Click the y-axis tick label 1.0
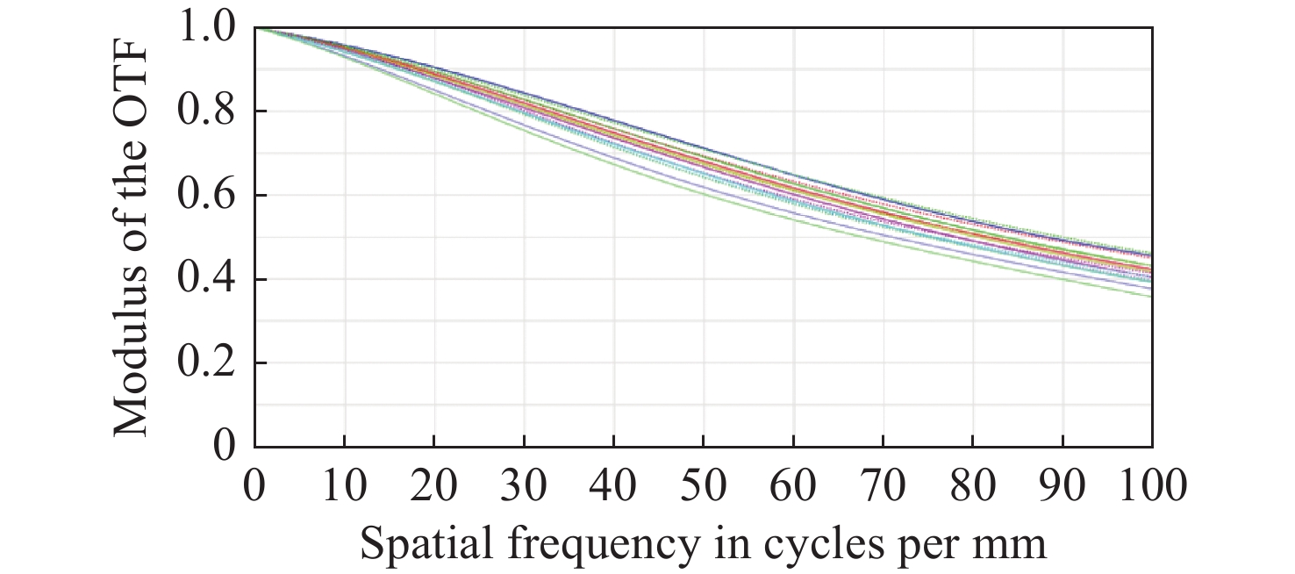click(208, 28)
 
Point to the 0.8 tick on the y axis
click(208, 112)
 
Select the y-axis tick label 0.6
click(208, 196)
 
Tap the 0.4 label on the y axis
click(208, 280)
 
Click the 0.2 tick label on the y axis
click(208, 363)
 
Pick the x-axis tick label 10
click(344, 485)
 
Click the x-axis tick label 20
click(434, 485)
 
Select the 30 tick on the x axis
click(524, 485)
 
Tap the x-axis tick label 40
click(614, 485)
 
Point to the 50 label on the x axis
click(704, 485)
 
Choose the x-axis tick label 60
click(793, 485)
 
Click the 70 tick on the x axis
click(884, 485)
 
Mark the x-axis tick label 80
click(973, 485)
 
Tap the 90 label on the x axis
click(1063, 485)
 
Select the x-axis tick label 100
click(1151, 485)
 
